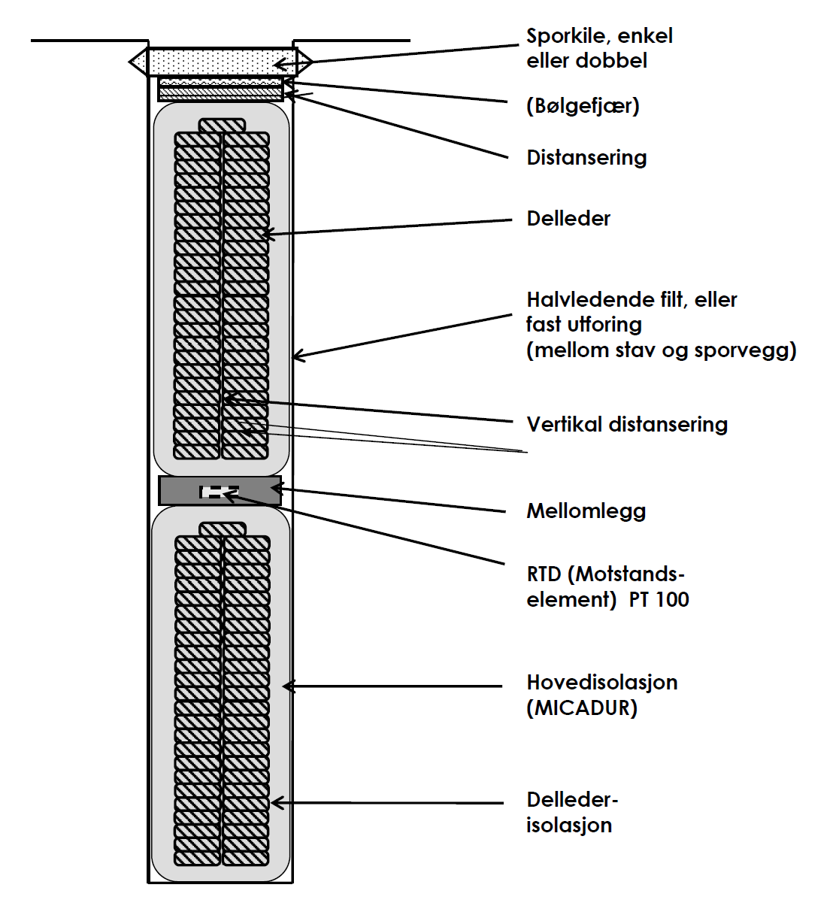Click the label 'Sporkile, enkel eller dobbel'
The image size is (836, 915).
598,48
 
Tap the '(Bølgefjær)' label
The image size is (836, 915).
583,105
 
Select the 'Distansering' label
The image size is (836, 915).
586,158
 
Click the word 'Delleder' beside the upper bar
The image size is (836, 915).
568,219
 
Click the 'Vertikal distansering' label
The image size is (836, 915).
627,424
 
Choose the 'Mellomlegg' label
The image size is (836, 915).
586,511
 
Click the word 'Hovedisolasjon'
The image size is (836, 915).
601,683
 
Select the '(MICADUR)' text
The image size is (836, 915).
582,708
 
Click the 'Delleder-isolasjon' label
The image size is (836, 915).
571,813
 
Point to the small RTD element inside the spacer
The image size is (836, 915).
218,492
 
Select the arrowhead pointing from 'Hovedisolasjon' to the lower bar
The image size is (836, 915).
286,686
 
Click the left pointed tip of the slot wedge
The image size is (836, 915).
132,62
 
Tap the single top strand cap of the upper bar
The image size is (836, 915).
222,126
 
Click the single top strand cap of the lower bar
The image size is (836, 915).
223,529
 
